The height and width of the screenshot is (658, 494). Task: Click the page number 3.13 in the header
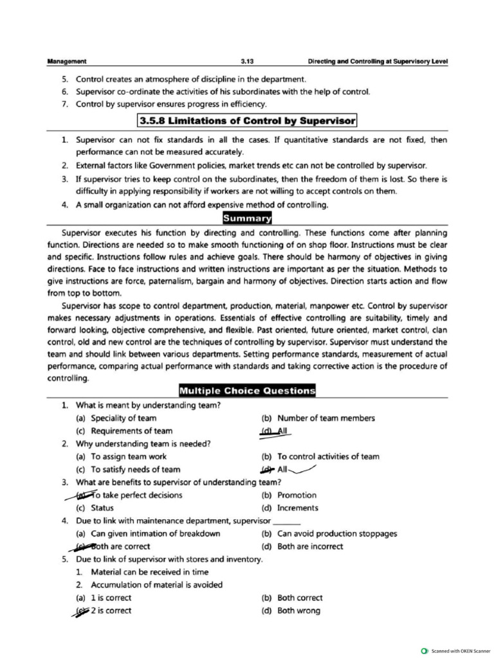coord(248,62)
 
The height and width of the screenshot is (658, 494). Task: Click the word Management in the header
coord(67,62)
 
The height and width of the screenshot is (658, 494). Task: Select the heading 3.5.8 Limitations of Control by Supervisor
coord(248,121)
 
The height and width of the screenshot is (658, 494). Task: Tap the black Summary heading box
coord(248,218)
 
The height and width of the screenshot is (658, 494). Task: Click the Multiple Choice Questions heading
coord(248,391)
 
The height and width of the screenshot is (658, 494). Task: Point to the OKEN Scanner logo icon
coord(424,650)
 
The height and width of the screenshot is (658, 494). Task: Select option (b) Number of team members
coord(318,418)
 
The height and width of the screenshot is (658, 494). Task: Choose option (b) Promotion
coord(289,495)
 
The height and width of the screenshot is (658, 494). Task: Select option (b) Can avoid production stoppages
coord(329,534)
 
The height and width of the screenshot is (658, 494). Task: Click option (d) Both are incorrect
coord(302,547)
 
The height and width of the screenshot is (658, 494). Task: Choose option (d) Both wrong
coord(290,611)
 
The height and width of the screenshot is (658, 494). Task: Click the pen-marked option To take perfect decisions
coord(129,495)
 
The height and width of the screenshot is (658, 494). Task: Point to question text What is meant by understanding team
coord(148,405)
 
